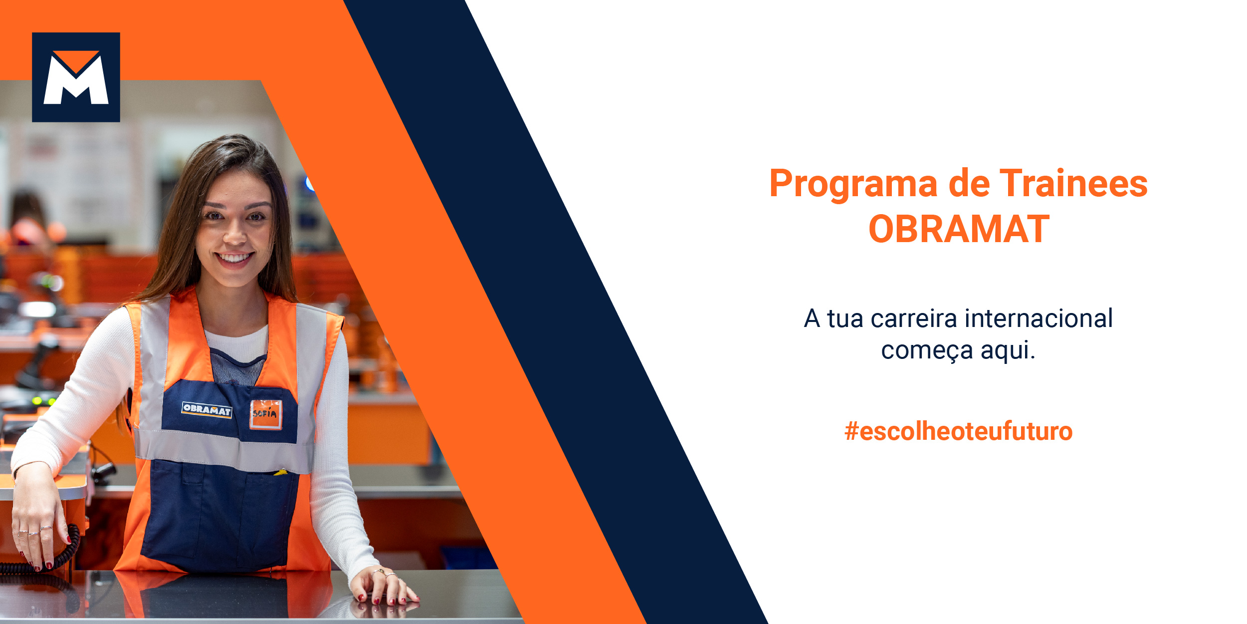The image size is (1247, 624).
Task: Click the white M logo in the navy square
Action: tap(76, 78)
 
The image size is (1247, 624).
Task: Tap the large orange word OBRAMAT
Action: tap(959, 229)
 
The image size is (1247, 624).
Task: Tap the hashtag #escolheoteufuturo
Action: tap(958, 431)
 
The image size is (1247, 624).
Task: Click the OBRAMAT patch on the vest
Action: tap(207, 410)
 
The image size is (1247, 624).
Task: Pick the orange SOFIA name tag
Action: tap(266, 414)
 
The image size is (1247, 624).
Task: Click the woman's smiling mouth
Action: tap(234, 259)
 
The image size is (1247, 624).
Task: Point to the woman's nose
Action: tap(234, 234)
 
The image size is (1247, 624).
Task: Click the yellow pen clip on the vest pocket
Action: tap(281, 472)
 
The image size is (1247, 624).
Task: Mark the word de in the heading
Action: tap(969, 183)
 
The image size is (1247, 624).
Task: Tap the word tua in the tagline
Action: tap(845, 319)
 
